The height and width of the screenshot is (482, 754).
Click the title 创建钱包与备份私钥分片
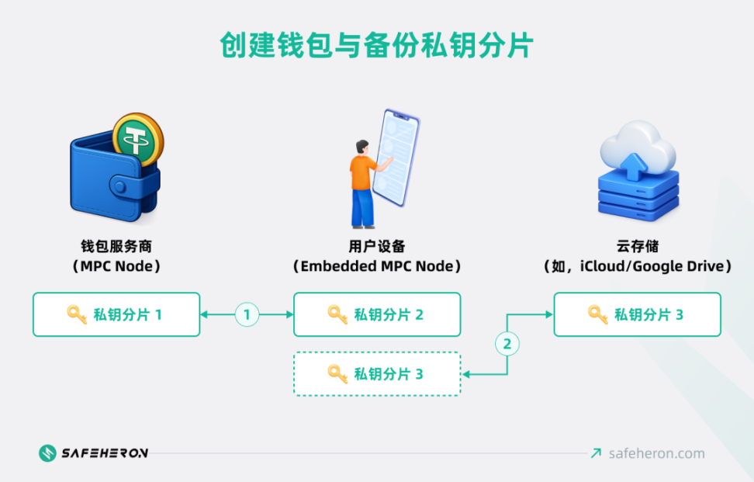pyautogui.click(x=377, y=44)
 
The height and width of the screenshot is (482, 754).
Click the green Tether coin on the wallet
pyautogui.click(x=138, y=140)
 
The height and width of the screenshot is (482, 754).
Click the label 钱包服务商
pyautogui.click(x=116, y=246)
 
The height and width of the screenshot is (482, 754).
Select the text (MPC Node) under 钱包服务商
pyautogui.click(x=116, y=266)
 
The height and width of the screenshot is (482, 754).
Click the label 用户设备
pyautogui.click(x=377, y=246)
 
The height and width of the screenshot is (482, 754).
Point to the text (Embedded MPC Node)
pyautogui.click(x=377, y=266)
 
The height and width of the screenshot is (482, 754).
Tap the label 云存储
pyautogui.click(x=637, y=246)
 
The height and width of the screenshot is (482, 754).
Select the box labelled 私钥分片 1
pyautogui.click(x=116, y=314)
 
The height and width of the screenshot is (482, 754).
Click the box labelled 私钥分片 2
pyautogui.click(x=377, y=314)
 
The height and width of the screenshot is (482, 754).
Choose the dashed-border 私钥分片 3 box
pyautogui.click(x=377, y=374)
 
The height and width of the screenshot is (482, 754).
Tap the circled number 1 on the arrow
pyautogui.click(x=247, y=314)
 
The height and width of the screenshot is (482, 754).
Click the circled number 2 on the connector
pyautogui.click(x=507, y=343)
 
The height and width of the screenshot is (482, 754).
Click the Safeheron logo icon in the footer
pyautogui.click(x=48, y=453)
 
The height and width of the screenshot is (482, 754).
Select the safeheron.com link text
pyautogui.click(x=657, y=453)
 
